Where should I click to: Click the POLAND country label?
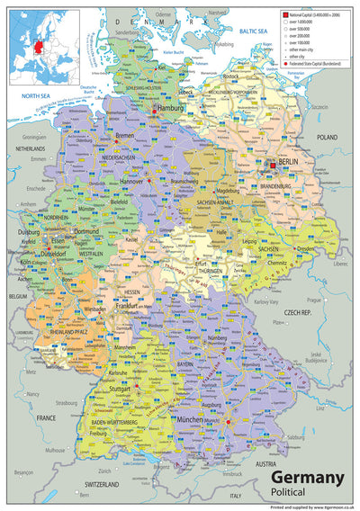point(326,138)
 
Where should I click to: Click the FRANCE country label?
point(46,393)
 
